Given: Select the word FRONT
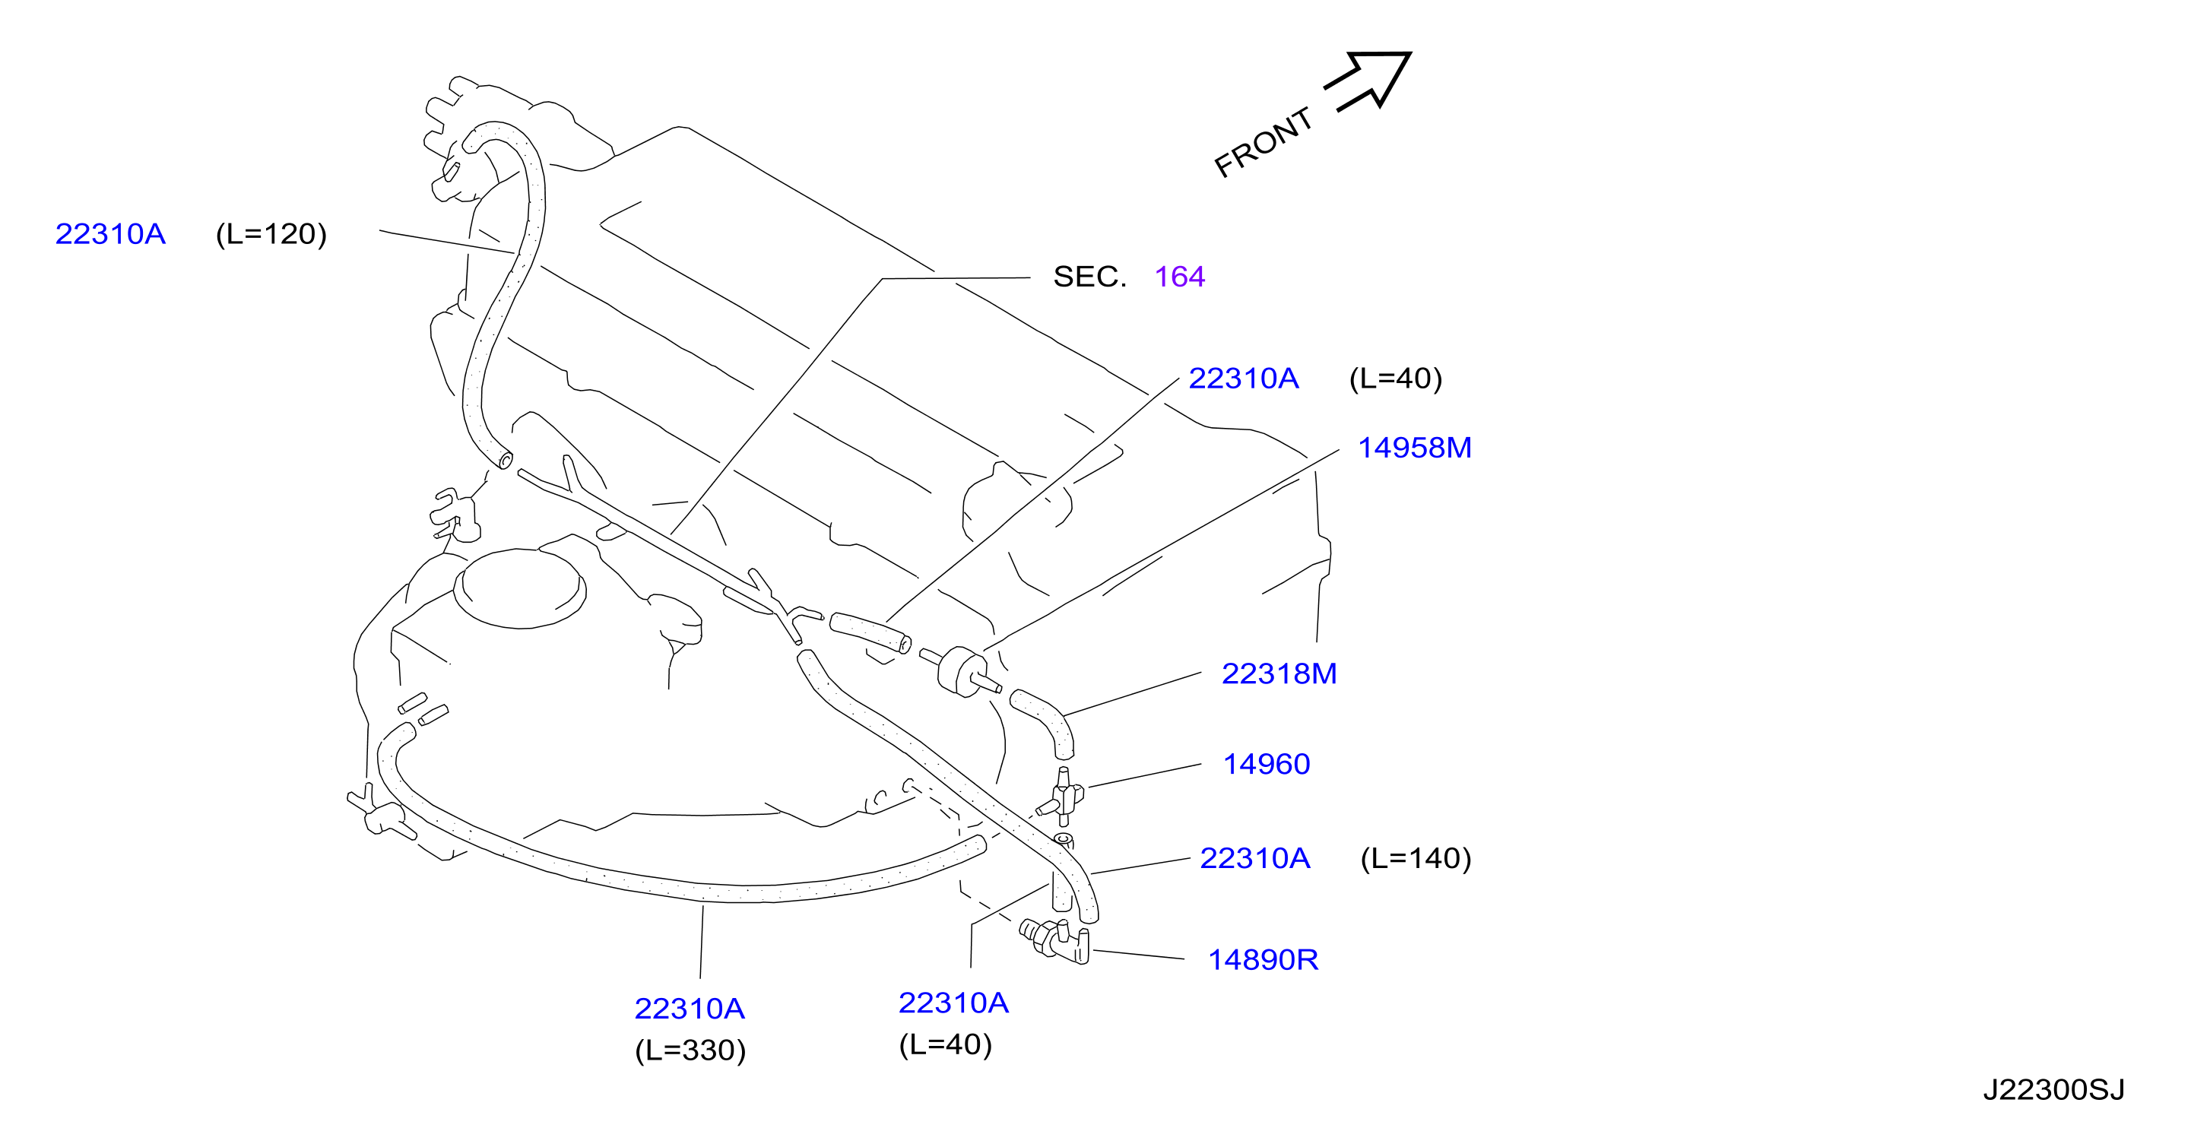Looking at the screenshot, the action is [1264, 142].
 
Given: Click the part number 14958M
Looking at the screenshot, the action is [1414, 447].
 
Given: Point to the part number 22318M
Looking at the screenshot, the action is [1278, 673].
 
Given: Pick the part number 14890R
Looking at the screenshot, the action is [1263, 959].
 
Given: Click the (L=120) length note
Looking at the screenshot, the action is [271, 233].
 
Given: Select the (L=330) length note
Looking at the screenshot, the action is [690, 1050].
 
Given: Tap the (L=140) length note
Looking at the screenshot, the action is [1416, 858].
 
